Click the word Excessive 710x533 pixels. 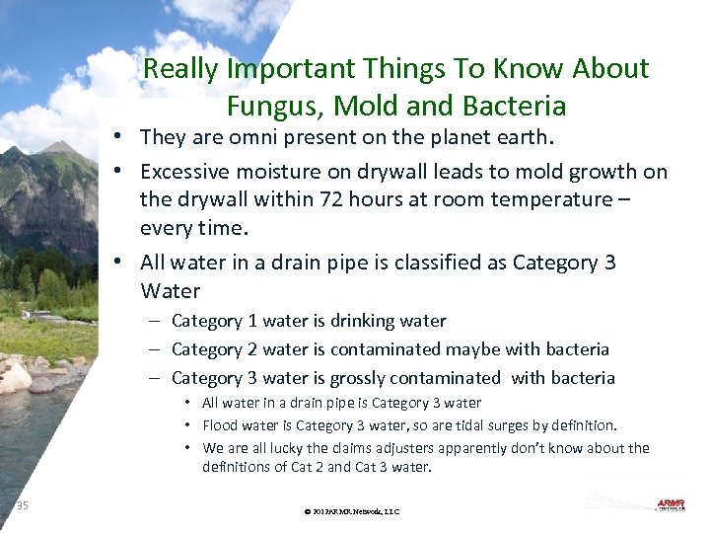pyautogui.click(x=192, y=172)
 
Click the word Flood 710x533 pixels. pyautogui.click(x=220, y=425)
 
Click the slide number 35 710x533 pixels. pyautogui.click(x=23, y=506)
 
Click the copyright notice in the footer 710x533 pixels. pyautogui.click(x=352, y=511)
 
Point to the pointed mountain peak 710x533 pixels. pyautogui.click(x=61, y=148)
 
